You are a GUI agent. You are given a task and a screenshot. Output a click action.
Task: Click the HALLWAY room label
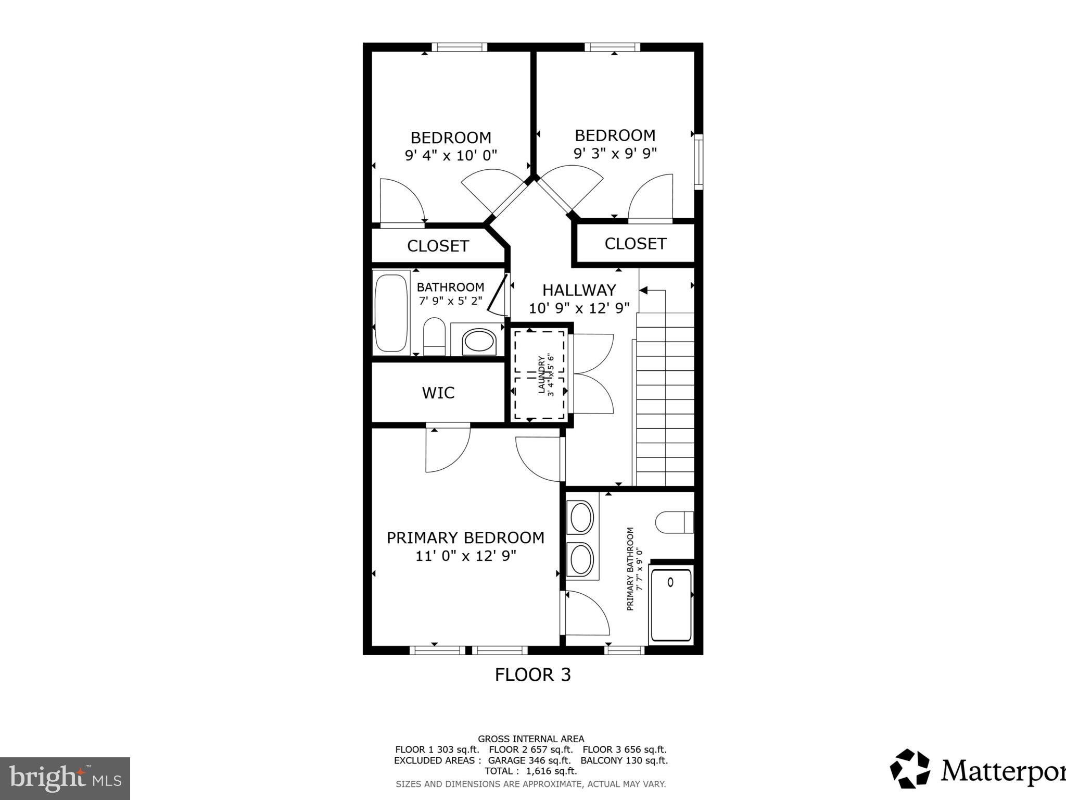(x=579, y=290)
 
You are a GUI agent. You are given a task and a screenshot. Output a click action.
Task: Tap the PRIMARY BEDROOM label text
(x=465, y=537)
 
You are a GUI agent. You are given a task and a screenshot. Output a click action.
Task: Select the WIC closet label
(x=438, y=393)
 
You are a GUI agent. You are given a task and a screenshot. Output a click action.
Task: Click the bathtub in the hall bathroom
(x=391, y=312)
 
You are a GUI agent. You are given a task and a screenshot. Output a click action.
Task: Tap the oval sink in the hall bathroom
(x=479, y=342)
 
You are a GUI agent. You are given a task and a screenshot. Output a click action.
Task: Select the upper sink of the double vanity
(x=581, y=518)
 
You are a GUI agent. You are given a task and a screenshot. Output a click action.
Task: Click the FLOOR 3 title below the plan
(x=532, y=675)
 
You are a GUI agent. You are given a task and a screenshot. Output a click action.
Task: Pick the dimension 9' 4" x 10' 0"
(x=451, y=156)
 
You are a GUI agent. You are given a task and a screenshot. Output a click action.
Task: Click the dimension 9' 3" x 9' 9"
(x=615, y=154)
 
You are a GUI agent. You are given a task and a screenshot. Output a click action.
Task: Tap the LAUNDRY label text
(x=541, y=374)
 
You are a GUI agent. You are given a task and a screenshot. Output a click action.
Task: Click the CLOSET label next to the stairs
(x=635, y=244)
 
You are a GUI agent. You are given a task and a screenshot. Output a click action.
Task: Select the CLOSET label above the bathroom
(x=438, y=246)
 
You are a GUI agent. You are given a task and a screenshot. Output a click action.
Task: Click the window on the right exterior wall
(x=699, y=161)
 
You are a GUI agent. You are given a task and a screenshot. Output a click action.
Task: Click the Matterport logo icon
(x=909, y=769)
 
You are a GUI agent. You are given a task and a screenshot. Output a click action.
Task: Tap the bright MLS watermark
(x=65, y=779)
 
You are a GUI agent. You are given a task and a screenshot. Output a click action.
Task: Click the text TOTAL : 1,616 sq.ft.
(x=530, y=771)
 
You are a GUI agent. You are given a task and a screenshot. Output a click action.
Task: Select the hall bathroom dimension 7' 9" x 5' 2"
(x=450, y=301)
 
